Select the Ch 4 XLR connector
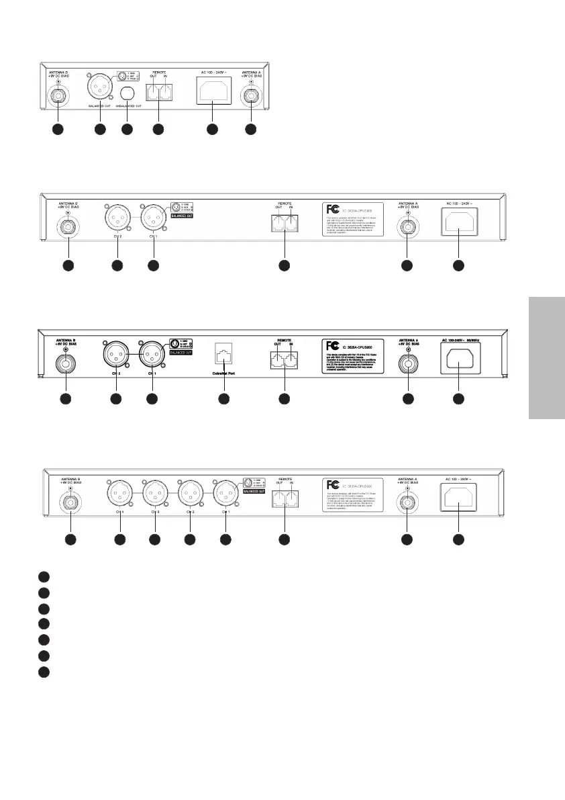(119, 492)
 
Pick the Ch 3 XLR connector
(154, 492)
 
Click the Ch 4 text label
(119, 512)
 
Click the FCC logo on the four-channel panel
(331, 484)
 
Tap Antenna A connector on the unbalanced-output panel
(250, 94)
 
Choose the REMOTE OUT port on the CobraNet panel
(275, 361)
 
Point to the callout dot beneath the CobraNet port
(224, 399)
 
